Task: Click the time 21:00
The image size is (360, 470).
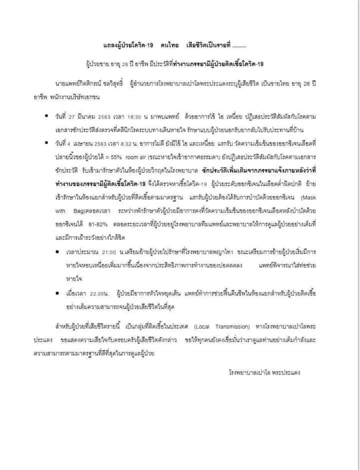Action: click(x=108, y=250)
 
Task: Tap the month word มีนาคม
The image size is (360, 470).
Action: click(x=88, y=116)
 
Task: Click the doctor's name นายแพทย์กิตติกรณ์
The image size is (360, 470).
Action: click(x=79, y=83)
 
